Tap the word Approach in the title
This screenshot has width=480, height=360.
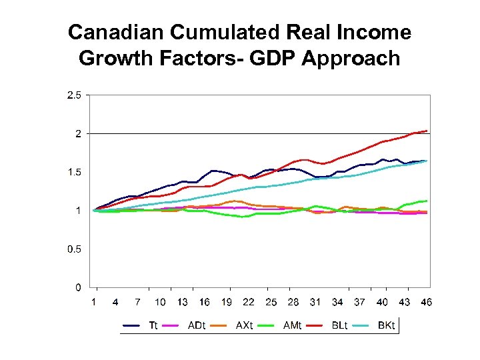click(x=351, y=59)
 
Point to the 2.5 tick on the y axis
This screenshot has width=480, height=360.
click(x=73, y=95)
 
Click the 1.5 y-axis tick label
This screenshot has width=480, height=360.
click(x=73, y=173)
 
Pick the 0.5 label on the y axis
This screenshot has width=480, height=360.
click(x=73, y=249)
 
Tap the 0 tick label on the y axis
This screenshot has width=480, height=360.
click(x=78, y=288)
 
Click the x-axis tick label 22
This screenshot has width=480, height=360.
click(x=248, y=302)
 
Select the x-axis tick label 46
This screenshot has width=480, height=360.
click(x=426, y=302)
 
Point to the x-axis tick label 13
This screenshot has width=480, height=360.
click(x=182, y=302)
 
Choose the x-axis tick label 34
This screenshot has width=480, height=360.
click(x=337, y=302)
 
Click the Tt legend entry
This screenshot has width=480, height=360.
click(x=153, y=326)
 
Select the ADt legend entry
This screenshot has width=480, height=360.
click(x=197, y=326)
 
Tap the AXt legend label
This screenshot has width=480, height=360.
click(x=245, y=326)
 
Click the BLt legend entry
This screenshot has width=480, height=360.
click(x=340, y=326)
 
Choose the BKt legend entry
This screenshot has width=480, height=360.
click(x=387, y=326)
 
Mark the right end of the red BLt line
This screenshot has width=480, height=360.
click(x=427, y=131)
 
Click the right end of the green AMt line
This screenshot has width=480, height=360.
click(x=427, y=201)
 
